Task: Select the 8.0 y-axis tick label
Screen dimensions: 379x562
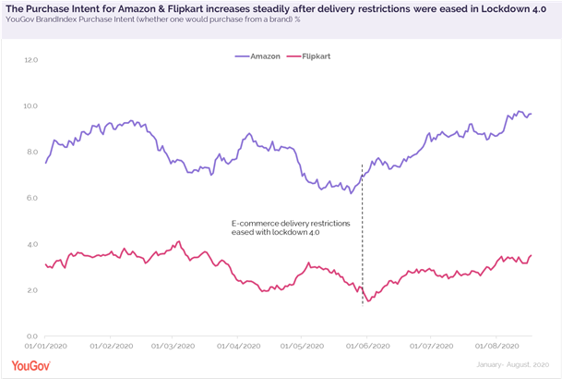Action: click(x=31, y=153)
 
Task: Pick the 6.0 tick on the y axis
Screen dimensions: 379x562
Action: click(x=31, y=198)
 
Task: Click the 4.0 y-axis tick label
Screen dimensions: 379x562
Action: click(x=31, y=244)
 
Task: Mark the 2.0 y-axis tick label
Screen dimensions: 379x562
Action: click(x=31, y=290)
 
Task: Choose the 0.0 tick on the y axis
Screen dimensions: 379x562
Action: click(x=31, y=336)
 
